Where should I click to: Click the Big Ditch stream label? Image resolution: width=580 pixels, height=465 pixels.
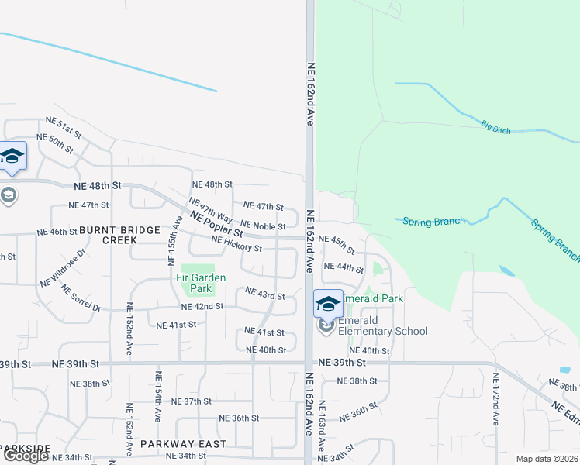point(495,127)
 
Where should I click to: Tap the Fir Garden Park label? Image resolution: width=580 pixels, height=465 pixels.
point(200,283)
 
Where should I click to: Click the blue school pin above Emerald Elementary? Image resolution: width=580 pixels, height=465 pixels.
point(327,303)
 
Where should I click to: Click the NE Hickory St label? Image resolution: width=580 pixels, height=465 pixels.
point(236,244)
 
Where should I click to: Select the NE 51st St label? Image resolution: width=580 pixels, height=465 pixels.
point(64,124)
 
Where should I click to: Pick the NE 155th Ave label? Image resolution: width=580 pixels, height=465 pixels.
point(177,240)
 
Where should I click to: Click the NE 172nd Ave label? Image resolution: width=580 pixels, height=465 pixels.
point(496,399)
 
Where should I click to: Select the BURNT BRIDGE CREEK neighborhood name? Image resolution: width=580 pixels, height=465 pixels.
point(119,235)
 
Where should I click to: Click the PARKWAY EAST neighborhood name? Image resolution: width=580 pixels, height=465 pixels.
point(184,444)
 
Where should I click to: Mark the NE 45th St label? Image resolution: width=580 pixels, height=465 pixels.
point(337,244)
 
